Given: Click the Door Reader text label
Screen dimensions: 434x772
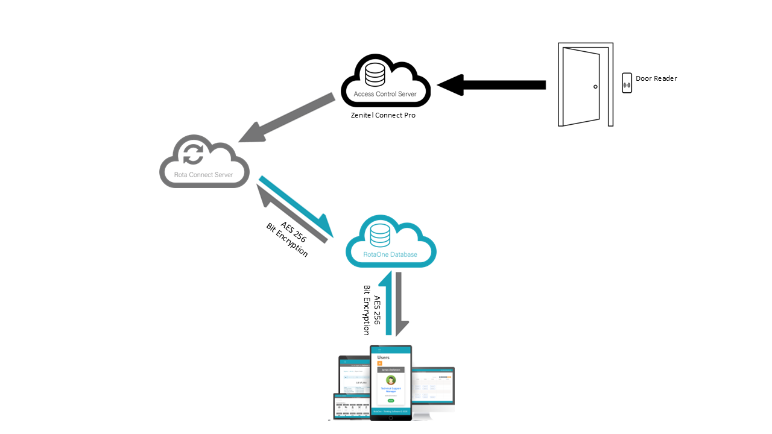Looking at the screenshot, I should tap(656, 78).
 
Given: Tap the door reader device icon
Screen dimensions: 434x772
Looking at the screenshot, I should tap(627, 83).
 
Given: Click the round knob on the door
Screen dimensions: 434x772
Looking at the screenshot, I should tap(595, 87).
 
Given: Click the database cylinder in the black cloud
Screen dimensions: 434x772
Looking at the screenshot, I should tap(375, 74).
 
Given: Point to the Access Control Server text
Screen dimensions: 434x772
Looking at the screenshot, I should tap(385, 94).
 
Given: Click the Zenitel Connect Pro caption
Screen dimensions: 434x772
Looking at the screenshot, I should tap(383, 115).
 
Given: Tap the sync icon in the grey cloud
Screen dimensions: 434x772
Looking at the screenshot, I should tap(194, 153).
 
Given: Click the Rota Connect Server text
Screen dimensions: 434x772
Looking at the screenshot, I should tap(204, 175).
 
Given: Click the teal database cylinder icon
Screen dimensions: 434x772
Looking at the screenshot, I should tap(380, 234).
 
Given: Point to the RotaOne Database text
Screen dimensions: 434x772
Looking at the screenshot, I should tap(390, 254).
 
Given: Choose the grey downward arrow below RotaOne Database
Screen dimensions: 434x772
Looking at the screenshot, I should tap(399, 304).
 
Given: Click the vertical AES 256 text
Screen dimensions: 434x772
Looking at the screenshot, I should tap(378, 310).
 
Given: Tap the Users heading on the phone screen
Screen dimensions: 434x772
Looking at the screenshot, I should tap(384, 357).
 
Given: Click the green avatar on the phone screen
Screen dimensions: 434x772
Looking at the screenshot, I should tap(391, 380).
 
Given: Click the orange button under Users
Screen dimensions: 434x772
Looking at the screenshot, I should tap(379, 363).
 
